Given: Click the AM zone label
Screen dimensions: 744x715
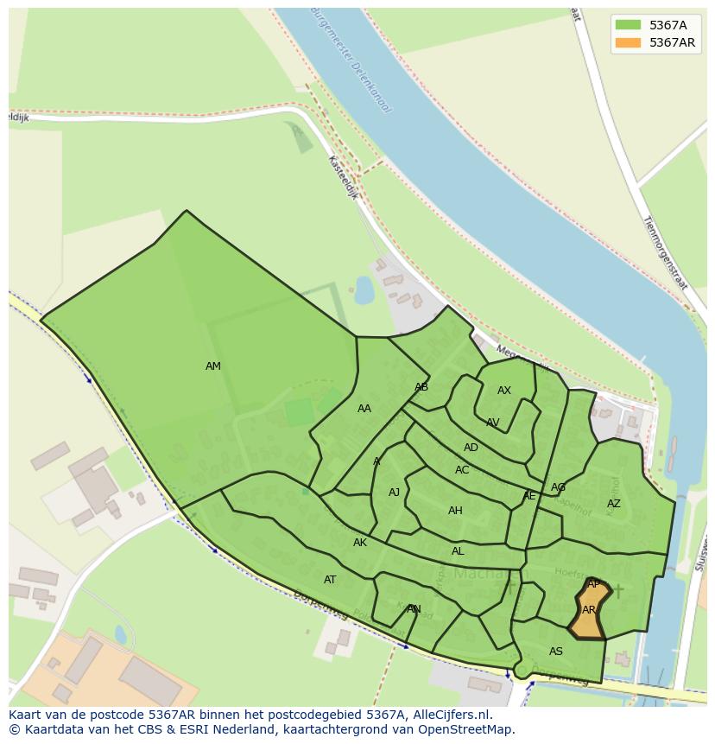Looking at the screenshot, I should tap(213, 366).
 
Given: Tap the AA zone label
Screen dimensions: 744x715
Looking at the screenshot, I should tap(364, 409).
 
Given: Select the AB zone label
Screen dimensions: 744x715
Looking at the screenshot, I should tap(421, 387).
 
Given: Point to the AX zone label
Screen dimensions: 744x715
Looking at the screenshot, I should tap(504, 391).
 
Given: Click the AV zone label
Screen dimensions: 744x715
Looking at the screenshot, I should tap(492, 423).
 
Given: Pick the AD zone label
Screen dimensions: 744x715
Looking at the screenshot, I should tap(471, 448).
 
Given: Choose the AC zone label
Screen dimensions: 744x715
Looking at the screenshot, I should tap(462, 470).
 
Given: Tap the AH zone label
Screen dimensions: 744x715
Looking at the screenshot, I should tap(455, 511).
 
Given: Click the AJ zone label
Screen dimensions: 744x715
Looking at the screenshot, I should tap(394, 493).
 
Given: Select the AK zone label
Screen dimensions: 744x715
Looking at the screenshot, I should tap(360, 543).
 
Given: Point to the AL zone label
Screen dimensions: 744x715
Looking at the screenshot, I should tap(458, 551).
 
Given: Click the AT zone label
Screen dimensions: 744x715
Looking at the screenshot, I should tap(330, 580).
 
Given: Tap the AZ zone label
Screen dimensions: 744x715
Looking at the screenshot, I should tap(613, 504).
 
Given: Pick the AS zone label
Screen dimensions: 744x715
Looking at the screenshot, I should tap(556, 652).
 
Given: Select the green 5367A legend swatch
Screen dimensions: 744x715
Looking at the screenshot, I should tap(628, 24).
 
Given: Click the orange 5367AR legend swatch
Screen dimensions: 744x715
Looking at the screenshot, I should tap(628, 42).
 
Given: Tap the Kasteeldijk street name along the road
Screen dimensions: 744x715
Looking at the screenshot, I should tap(342, 177).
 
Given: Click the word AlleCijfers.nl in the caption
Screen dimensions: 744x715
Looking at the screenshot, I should tap(449, 715).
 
